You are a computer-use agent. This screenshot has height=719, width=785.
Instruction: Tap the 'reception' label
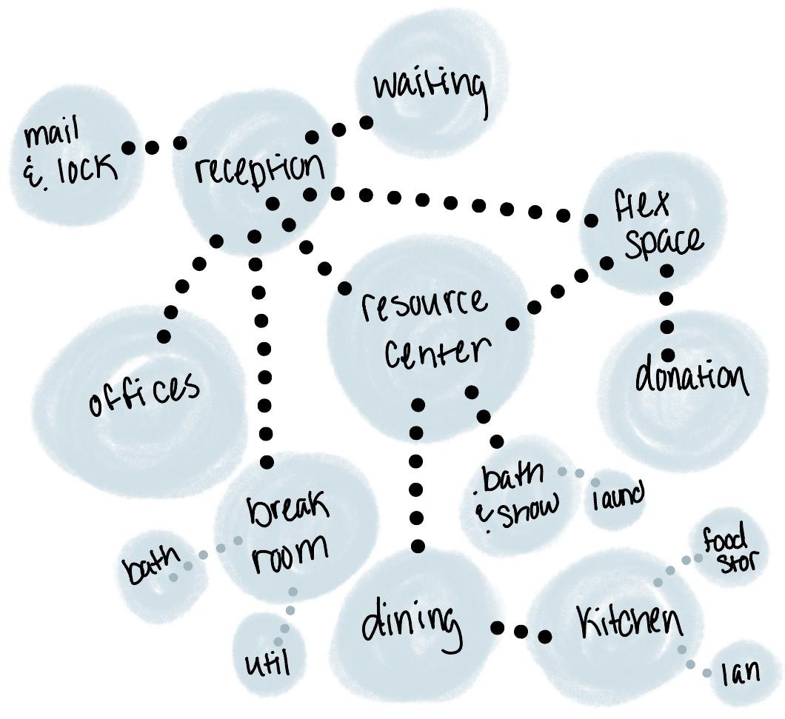pyautogui.click(x=259, y=170)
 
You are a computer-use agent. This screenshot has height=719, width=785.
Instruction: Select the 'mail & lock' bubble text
pyautogui.click(x=70, y=156)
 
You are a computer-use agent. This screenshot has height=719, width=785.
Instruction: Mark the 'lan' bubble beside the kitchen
pyautogui.click(x=741, y=672)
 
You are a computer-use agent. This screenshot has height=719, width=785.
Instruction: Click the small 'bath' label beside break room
pyautogui.click(x=151, y=566)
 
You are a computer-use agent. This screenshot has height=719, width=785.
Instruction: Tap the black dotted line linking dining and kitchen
pyautogui.click(x=521, y=632)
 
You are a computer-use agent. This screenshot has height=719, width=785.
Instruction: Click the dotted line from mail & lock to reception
pyautogui.click(x=153, y=147)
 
